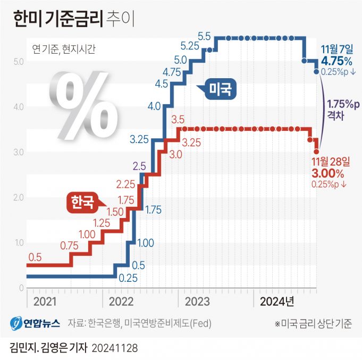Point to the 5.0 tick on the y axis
[18, 62]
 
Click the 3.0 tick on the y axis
[18, 153]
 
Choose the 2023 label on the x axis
[198, 301]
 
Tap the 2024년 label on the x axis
[276, 301]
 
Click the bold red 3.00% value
[329, 173]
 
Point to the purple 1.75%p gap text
[343, 104]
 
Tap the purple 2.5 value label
[139, 165]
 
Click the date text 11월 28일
[331, 161]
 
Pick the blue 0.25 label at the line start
[128, 277]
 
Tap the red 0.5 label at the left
[35, 257]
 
